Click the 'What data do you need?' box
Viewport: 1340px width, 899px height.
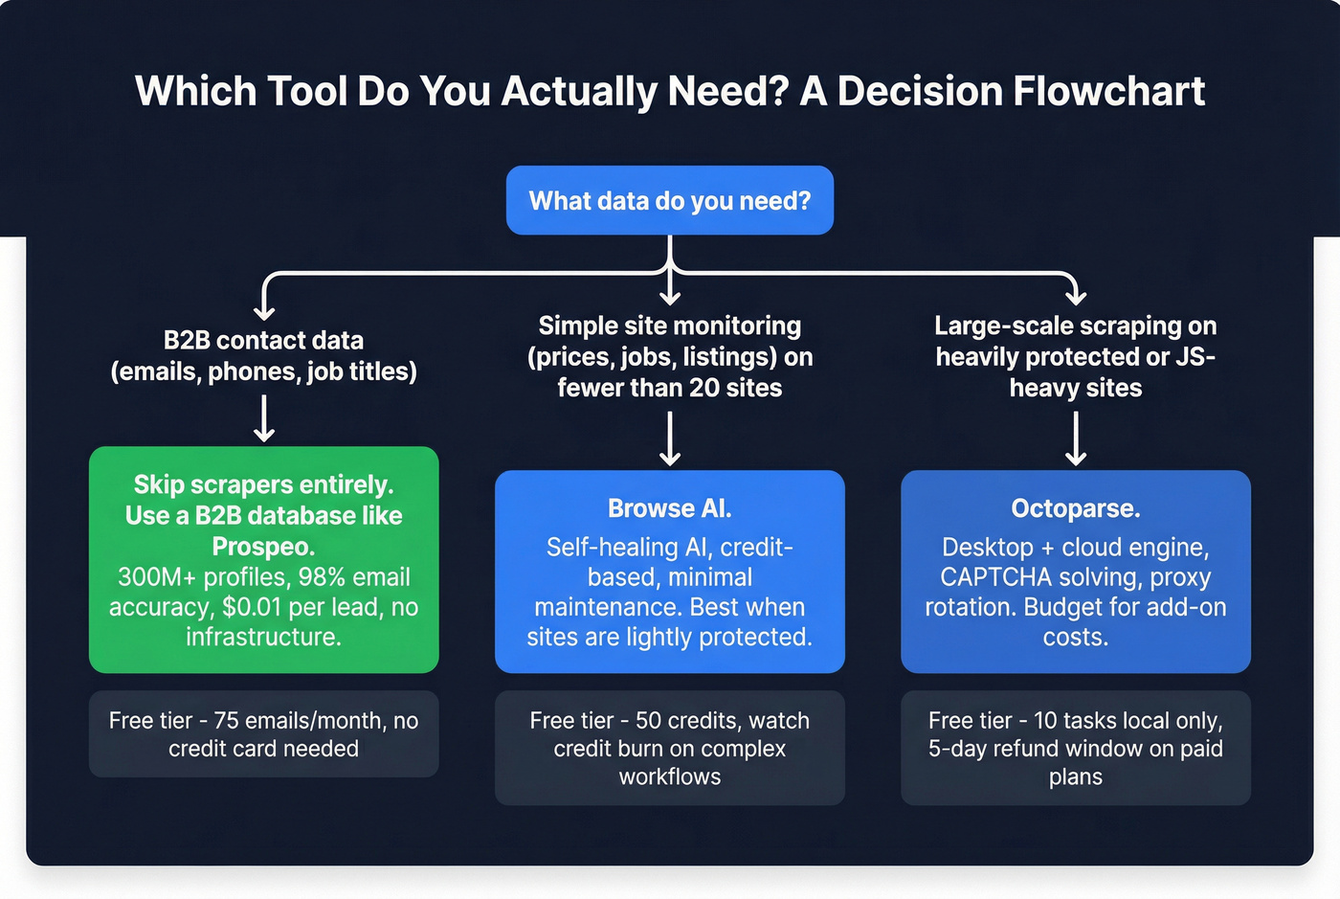tap(669, 200)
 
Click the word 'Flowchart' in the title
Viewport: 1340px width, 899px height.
tap(1107, 92)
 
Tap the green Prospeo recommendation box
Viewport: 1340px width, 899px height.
tap(263, 559)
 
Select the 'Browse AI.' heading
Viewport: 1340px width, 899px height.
tap(669, 508)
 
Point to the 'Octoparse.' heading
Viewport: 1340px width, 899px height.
tap(1075, 508)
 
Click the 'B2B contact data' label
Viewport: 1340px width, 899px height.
tap(263, 341)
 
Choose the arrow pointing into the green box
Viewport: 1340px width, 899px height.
tap(264, 419)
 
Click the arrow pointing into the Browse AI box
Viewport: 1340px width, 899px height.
tap(670, 438)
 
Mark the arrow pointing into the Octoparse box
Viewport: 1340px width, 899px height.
tap(1076, 438)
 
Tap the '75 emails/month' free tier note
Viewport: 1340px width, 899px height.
tap(263, 733)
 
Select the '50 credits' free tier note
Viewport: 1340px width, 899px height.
tap(669, 748)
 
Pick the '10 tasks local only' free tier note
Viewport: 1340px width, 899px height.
tap(1075, 748)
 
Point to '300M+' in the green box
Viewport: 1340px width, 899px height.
tap(155, 577)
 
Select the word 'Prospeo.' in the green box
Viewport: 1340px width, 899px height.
tap(263, 547)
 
